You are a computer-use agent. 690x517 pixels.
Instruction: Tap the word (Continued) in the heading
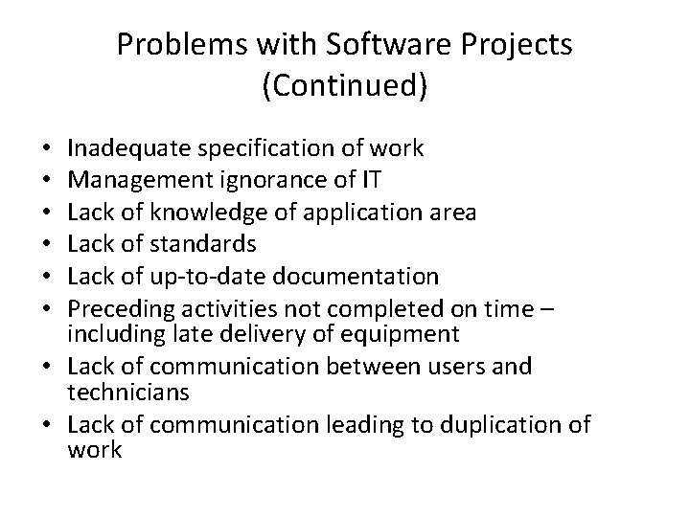point(345,86)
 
